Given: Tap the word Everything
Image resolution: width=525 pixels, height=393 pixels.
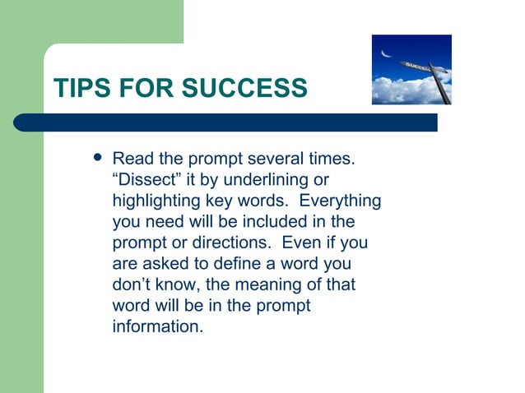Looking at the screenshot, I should (338, 200).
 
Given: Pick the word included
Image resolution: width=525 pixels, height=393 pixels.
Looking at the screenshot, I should (274, 221).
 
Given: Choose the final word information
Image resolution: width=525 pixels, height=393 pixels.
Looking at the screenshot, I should (157, 328).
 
